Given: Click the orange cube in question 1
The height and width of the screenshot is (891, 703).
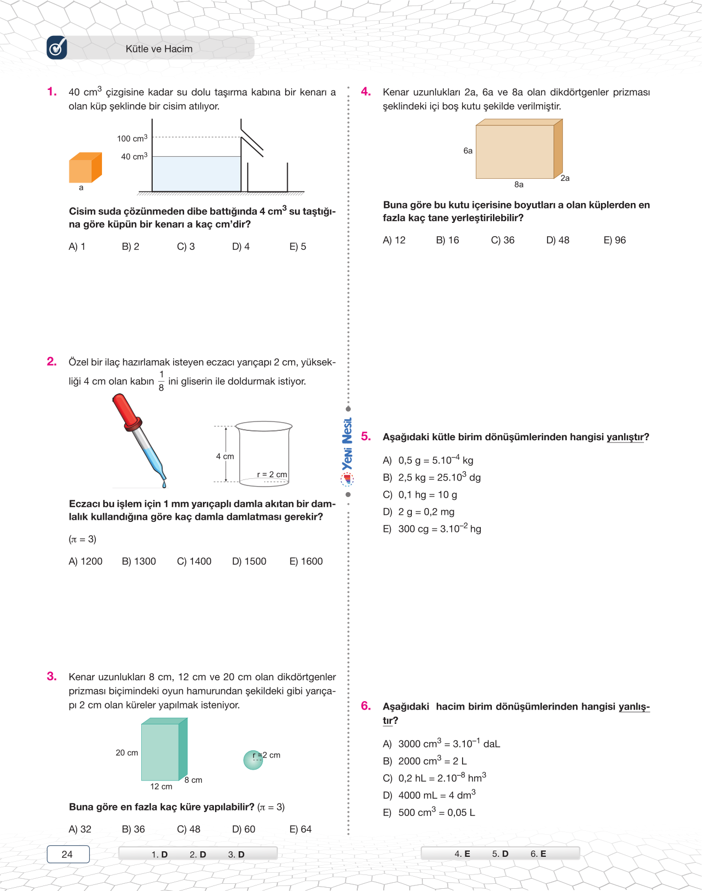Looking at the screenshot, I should (85, 168).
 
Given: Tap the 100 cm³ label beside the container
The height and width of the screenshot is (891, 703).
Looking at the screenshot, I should (132, 138).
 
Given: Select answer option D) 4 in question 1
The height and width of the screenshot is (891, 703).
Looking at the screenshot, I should (241, 247).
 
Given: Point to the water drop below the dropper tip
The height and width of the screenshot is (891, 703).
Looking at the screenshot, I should (164, 484).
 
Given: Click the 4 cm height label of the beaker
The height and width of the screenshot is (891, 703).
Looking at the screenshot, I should (225, 456).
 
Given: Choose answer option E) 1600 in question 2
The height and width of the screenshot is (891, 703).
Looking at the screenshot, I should (306, 561).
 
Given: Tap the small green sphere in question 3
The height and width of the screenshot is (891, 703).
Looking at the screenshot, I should (253, 760).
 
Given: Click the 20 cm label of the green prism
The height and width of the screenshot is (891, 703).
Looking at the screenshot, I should (127, 753).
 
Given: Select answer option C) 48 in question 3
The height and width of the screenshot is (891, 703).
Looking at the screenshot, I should (189, 829).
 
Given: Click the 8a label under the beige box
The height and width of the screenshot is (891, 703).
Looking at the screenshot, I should (519, 185).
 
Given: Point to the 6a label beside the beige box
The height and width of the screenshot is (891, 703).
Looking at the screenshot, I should (468, 151).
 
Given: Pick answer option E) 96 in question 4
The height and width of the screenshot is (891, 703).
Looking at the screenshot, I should (615, 240).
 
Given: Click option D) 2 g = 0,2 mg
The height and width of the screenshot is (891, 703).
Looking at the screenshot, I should (419, 512).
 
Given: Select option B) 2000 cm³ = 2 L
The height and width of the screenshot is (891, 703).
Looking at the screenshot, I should (425, 761).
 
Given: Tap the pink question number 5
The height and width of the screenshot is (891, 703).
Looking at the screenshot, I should (366, 436).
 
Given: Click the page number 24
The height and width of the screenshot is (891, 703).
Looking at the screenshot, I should (67, 854).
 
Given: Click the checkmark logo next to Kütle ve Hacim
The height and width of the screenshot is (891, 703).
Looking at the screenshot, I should (57, 48).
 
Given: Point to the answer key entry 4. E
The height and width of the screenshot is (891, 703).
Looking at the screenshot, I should (462, 853).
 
